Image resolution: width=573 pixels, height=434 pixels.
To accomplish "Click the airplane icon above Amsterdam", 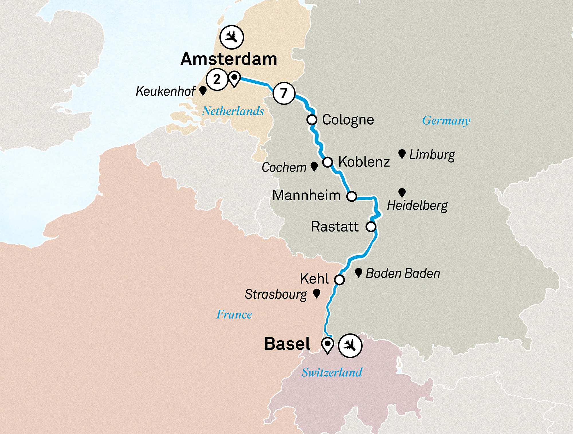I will (232, 37).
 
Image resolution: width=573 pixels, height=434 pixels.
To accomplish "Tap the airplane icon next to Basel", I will (350, 345).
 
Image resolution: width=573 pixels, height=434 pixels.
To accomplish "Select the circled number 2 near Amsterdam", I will (217, 79).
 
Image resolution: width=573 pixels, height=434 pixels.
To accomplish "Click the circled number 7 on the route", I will (284, 93).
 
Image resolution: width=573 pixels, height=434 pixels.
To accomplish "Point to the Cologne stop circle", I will (312, 119).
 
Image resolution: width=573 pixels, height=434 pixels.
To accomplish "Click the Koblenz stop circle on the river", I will (328, 162).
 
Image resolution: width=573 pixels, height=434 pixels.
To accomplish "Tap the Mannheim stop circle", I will (352, 196).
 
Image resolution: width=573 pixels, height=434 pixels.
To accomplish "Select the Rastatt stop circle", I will (371, 227).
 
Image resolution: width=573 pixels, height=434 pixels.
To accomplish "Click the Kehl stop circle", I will (340, 280).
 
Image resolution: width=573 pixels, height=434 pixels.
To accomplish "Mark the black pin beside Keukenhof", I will (203, 91).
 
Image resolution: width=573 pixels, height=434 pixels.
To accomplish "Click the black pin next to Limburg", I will (402, 154).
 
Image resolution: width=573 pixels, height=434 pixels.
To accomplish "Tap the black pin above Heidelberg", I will (402, 193).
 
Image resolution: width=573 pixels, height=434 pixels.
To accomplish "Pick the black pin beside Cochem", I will (314, 166).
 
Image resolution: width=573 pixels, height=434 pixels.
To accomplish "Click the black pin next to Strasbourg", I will (317, 293).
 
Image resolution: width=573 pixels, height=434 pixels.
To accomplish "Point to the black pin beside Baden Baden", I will (358, 272).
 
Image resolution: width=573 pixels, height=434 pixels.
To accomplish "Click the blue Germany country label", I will (446, 121).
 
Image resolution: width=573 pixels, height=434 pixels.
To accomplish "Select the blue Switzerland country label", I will (332, 372).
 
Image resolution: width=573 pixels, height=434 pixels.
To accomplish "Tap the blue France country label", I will (234, 315).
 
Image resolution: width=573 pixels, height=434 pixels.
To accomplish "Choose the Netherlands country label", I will (233, 111).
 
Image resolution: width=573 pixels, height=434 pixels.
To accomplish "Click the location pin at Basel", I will (327, 345).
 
